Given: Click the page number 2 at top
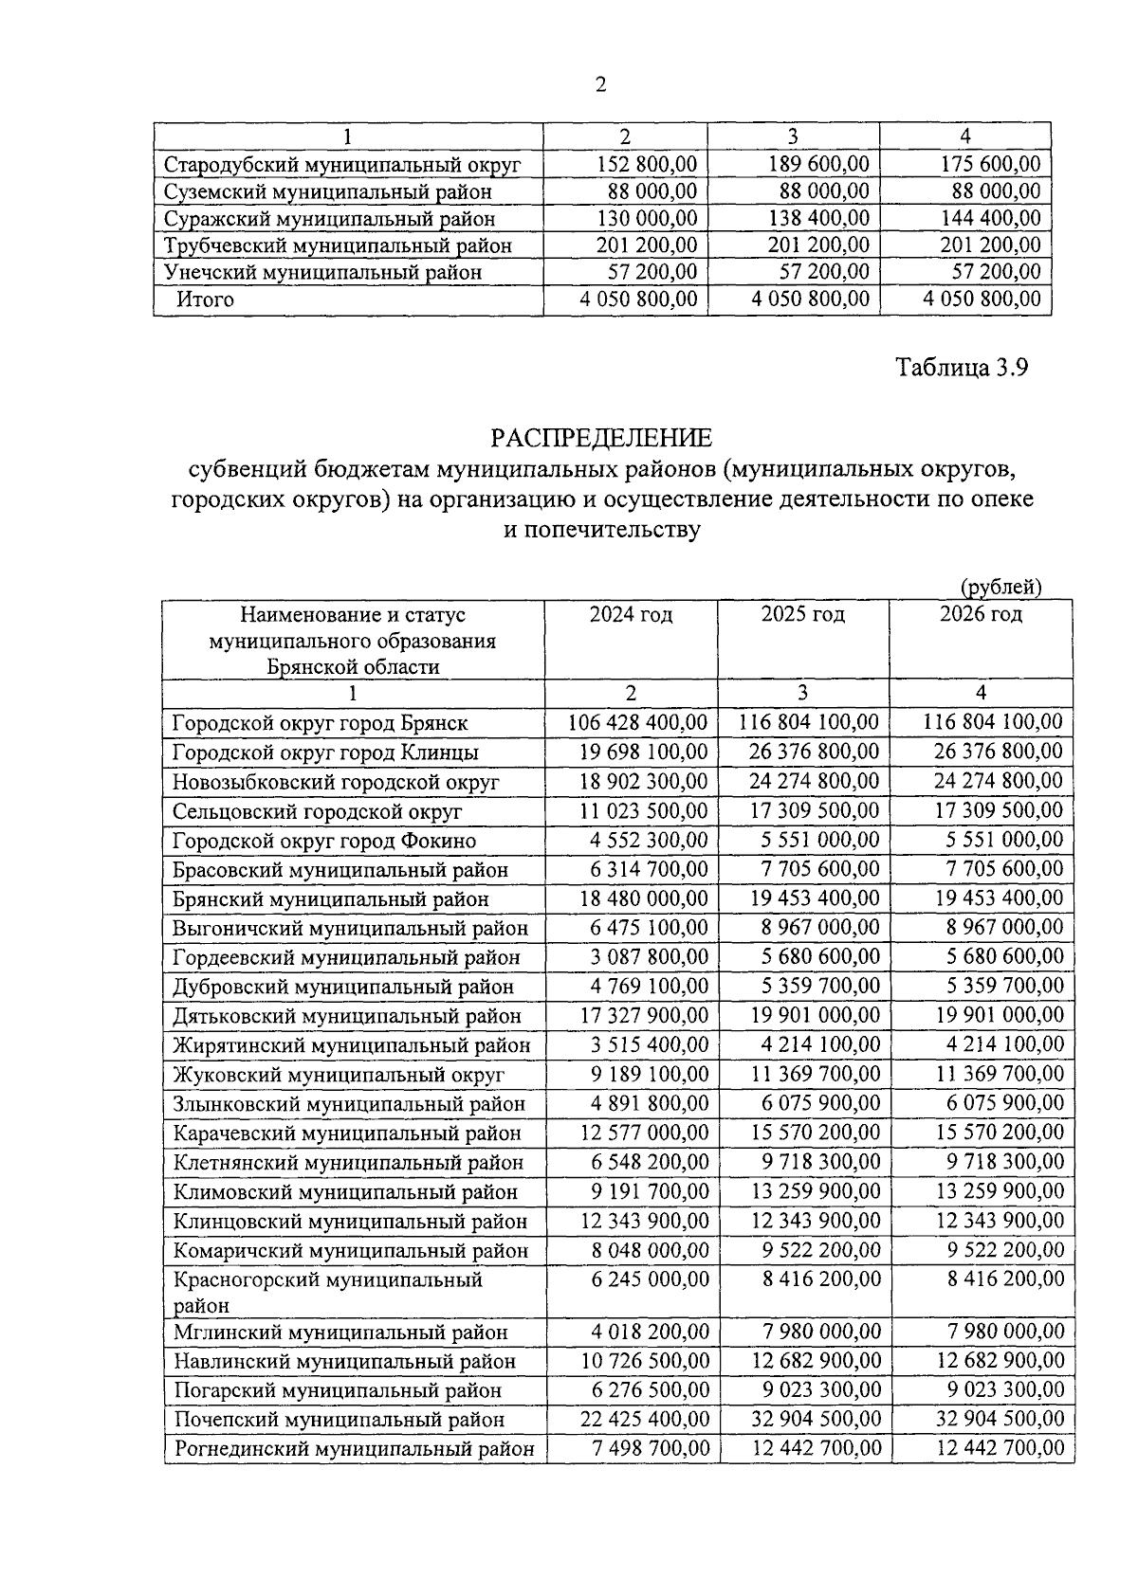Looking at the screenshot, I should coord(599,85).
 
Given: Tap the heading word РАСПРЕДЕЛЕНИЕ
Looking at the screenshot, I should coord(600,438).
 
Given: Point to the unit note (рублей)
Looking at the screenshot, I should coord(1000,587).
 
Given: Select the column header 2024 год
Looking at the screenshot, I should coord(631,614).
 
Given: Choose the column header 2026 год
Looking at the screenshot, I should coord(981,614).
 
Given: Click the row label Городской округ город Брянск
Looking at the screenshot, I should coord(321,723).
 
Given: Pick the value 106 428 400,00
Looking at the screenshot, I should coord(637,722).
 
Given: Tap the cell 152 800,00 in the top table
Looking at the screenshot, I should coord(647,164).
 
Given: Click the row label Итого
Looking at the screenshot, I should coord(205,299).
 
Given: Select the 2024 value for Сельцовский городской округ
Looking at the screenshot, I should coord(644,810).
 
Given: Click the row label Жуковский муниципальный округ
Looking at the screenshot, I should coord(339,1075).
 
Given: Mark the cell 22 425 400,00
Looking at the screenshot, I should coord(644,1419).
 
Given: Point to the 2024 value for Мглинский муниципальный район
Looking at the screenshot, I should coord(650,1331).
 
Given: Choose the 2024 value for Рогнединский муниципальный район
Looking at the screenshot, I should coord(650,1448).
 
